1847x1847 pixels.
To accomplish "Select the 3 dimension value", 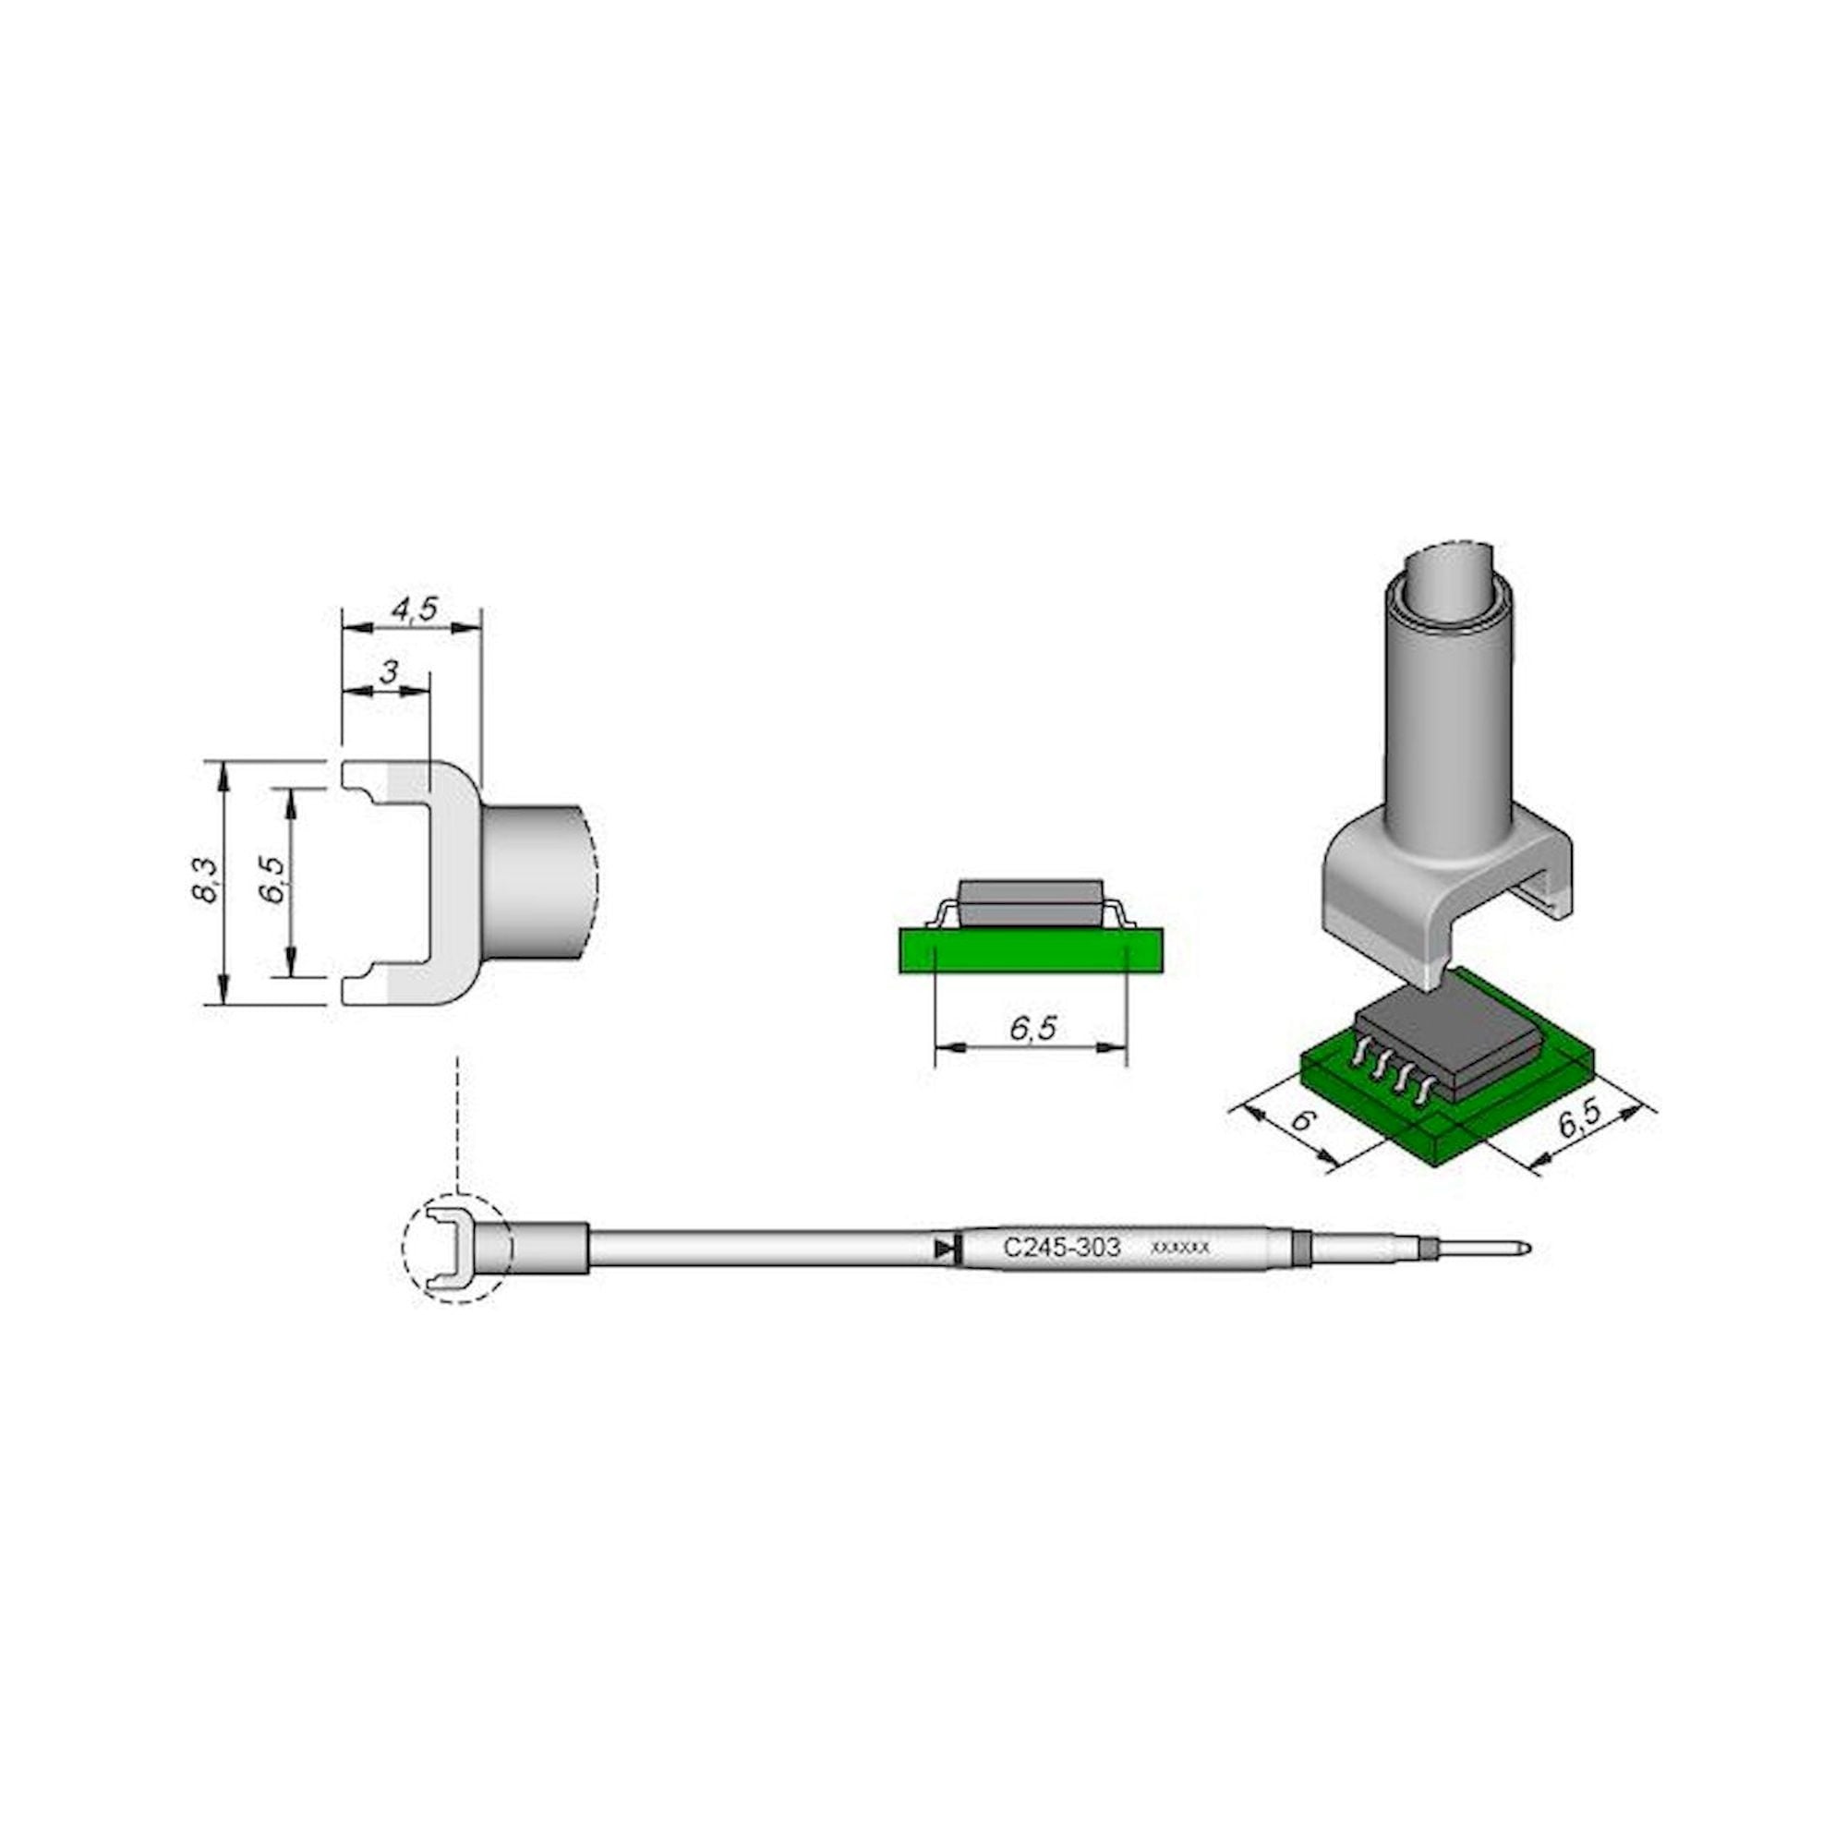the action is [387, 673].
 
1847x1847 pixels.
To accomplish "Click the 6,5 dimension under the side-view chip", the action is [1032, 1028].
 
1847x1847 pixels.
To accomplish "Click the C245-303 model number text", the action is [1061, 1248].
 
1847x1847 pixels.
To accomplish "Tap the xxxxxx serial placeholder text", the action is [1180, 1249].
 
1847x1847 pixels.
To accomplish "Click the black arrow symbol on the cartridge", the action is [945, 1248].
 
